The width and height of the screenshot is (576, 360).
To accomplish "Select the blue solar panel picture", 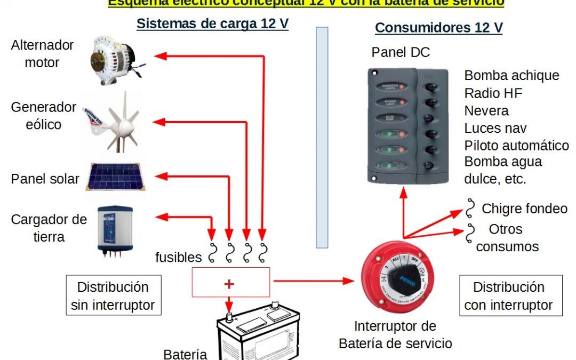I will point(116,177).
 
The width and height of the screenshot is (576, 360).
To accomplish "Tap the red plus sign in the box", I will point(229,284).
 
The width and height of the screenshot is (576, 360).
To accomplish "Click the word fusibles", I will point(179,258).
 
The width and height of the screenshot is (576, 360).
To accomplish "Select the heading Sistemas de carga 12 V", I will point(212,24).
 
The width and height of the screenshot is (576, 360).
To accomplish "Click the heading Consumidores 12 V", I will point(439,28).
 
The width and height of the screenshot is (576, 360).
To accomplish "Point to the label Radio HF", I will point(493,93).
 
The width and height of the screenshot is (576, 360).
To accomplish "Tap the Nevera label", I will point(486,111).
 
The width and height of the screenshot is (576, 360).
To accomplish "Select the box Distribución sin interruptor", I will point(113,296).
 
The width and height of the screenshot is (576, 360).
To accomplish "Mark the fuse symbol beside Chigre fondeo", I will point(470,209).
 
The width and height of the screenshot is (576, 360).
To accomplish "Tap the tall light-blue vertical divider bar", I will point(322,138).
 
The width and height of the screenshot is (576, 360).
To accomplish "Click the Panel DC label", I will point(401,52).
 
